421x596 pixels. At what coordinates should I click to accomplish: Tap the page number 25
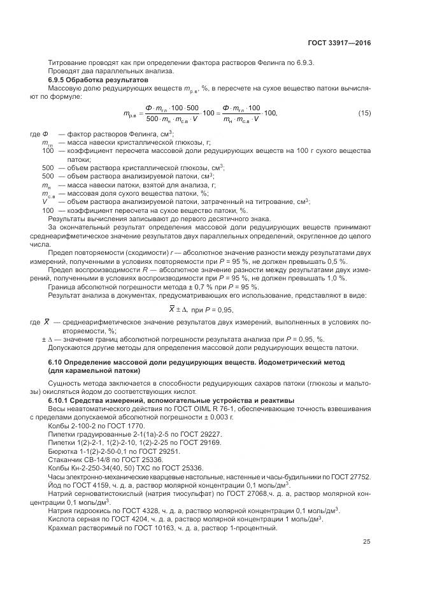366,542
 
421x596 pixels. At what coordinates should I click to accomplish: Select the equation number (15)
364,113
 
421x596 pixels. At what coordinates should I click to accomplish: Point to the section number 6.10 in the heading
56,362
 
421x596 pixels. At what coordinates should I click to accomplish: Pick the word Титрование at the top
68,62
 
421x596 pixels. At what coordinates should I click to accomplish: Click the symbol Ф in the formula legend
45,134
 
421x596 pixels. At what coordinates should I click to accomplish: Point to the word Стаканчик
66,459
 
